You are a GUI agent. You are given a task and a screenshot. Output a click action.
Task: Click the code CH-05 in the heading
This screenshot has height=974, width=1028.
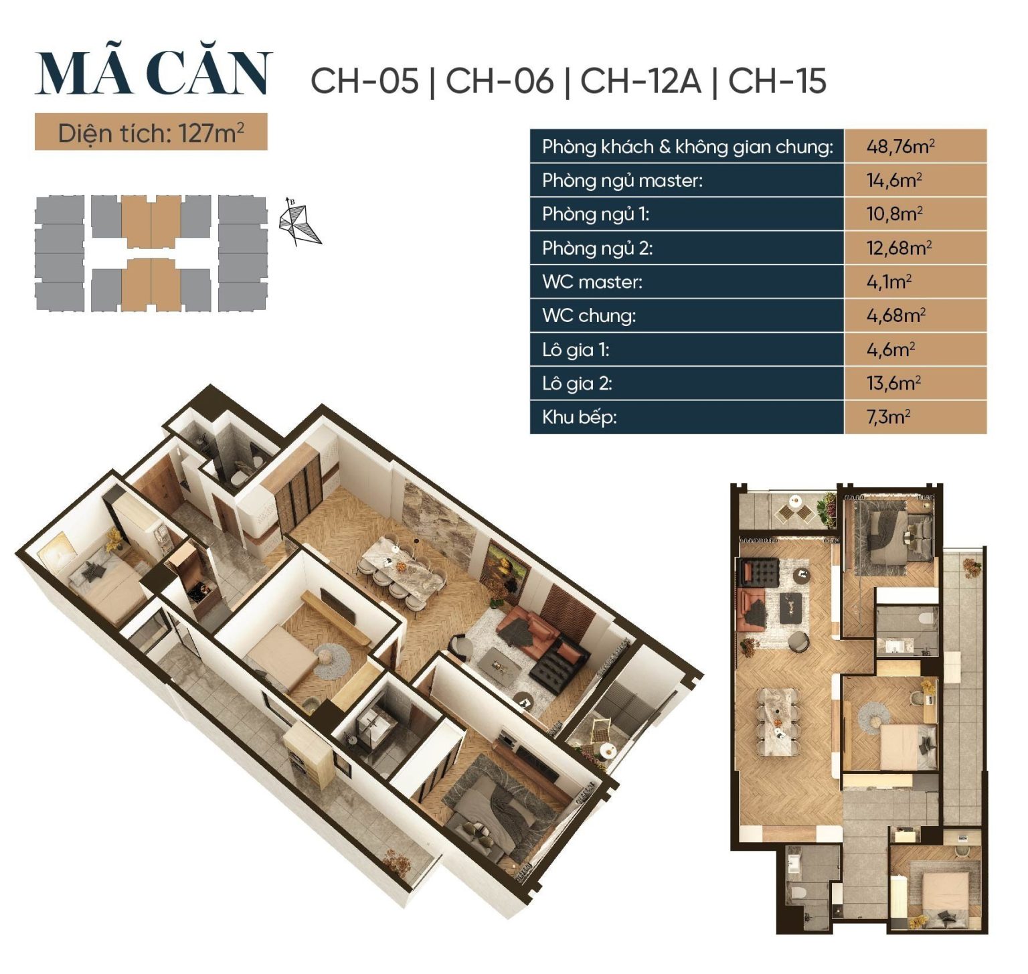(365, 81)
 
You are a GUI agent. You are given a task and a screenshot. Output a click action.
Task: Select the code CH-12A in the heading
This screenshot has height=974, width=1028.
(640, 81)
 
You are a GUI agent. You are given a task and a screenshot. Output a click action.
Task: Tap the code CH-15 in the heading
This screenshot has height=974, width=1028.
(777, 81)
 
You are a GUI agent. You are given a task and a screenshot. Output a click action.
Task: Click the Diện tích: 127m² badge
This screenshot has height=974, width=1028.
(151, 133)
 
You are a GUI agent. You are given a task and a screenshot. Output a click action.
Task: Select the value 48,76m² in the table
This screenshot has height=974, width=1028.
(900, 147)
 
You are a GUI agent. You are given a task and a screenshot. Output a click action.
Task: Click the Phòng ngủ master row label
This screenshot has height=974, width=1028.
(622, 181)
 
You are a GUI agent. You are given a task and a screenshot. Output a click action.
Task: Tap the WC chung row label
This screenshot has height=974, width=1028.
(589, 315)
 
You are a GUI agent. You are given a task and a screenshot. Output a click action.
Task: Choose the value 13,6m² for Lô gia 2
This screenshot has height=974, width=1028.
(893, 383)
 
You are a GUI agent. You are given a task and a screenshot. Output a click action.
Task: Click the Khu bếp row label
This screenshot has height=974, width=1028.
(580, 417)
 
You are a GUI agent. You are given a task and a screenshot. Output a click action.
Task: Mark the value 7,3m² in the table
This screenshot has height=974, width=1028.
(888, 417)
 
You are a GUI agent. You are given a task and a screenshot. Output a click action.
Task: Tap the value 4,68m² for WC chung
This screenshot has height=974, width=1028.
(895, 315)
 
